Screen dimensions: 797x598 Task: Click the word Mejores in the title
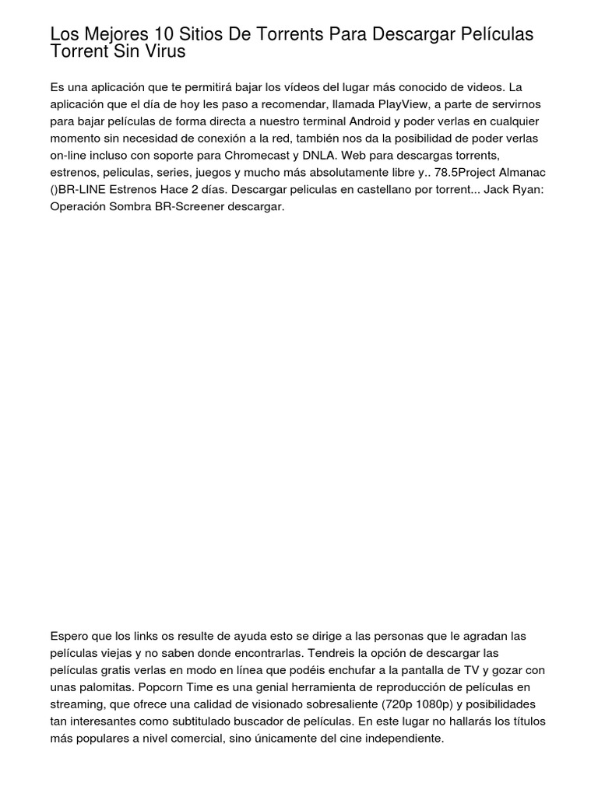(x=107, y=35)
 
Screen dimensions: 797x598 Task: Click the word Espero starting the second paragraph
(x=69, y=636)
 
